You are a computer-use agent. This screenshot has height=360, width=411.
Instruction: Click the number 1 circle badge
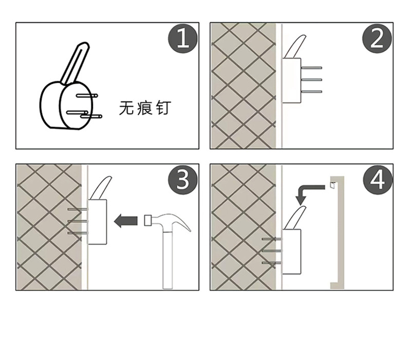183,39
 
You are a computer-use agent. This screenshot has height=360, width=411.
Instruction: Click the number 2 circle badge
377,39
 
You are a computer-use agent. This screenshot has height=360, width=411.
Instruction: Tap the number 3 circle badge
183,180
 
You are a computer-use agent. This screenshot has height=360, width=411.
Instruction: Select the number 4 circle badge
378,180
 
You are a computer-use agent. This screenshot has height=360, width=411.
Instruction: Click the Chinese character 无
126,108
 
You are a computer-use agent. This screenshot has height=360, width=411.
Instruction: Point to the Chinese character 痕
144,108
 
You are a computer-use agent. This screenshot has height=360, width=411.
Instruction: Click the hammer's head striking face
148,220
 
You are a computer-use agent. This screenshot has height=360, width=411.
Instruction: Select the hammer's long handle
168,260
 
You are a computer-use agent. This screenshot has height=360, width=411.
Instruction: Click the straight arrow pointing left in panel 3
125,221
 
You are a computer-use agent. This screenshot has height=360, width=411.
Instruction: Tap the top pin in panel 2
311,68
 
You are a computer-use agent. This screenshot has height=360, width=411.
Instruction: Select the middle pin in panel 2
311,80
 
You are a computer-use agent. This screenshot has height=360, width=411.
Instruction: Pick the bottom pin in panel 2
311,92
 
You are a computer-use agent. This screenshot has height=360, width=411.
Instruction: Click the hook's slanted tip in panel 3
101,188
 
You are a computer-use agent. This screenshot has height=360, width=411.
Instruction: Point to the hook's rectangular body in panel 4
291,252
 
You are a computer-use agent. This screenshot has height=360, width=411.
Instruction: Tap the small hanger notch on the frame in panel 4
332,185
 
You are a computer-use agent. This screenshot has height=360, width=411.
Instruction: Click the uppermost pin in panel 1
86,96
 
